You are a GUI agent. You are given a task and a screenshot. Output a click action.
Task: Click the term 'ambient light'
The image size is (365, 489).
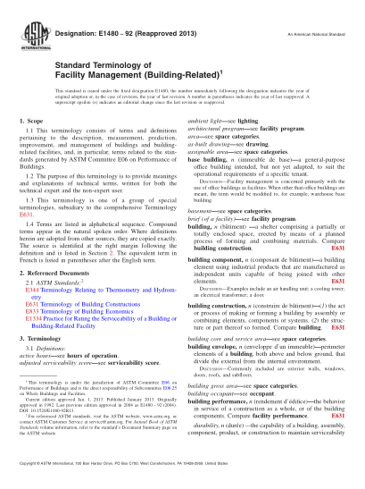point(206,143)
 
